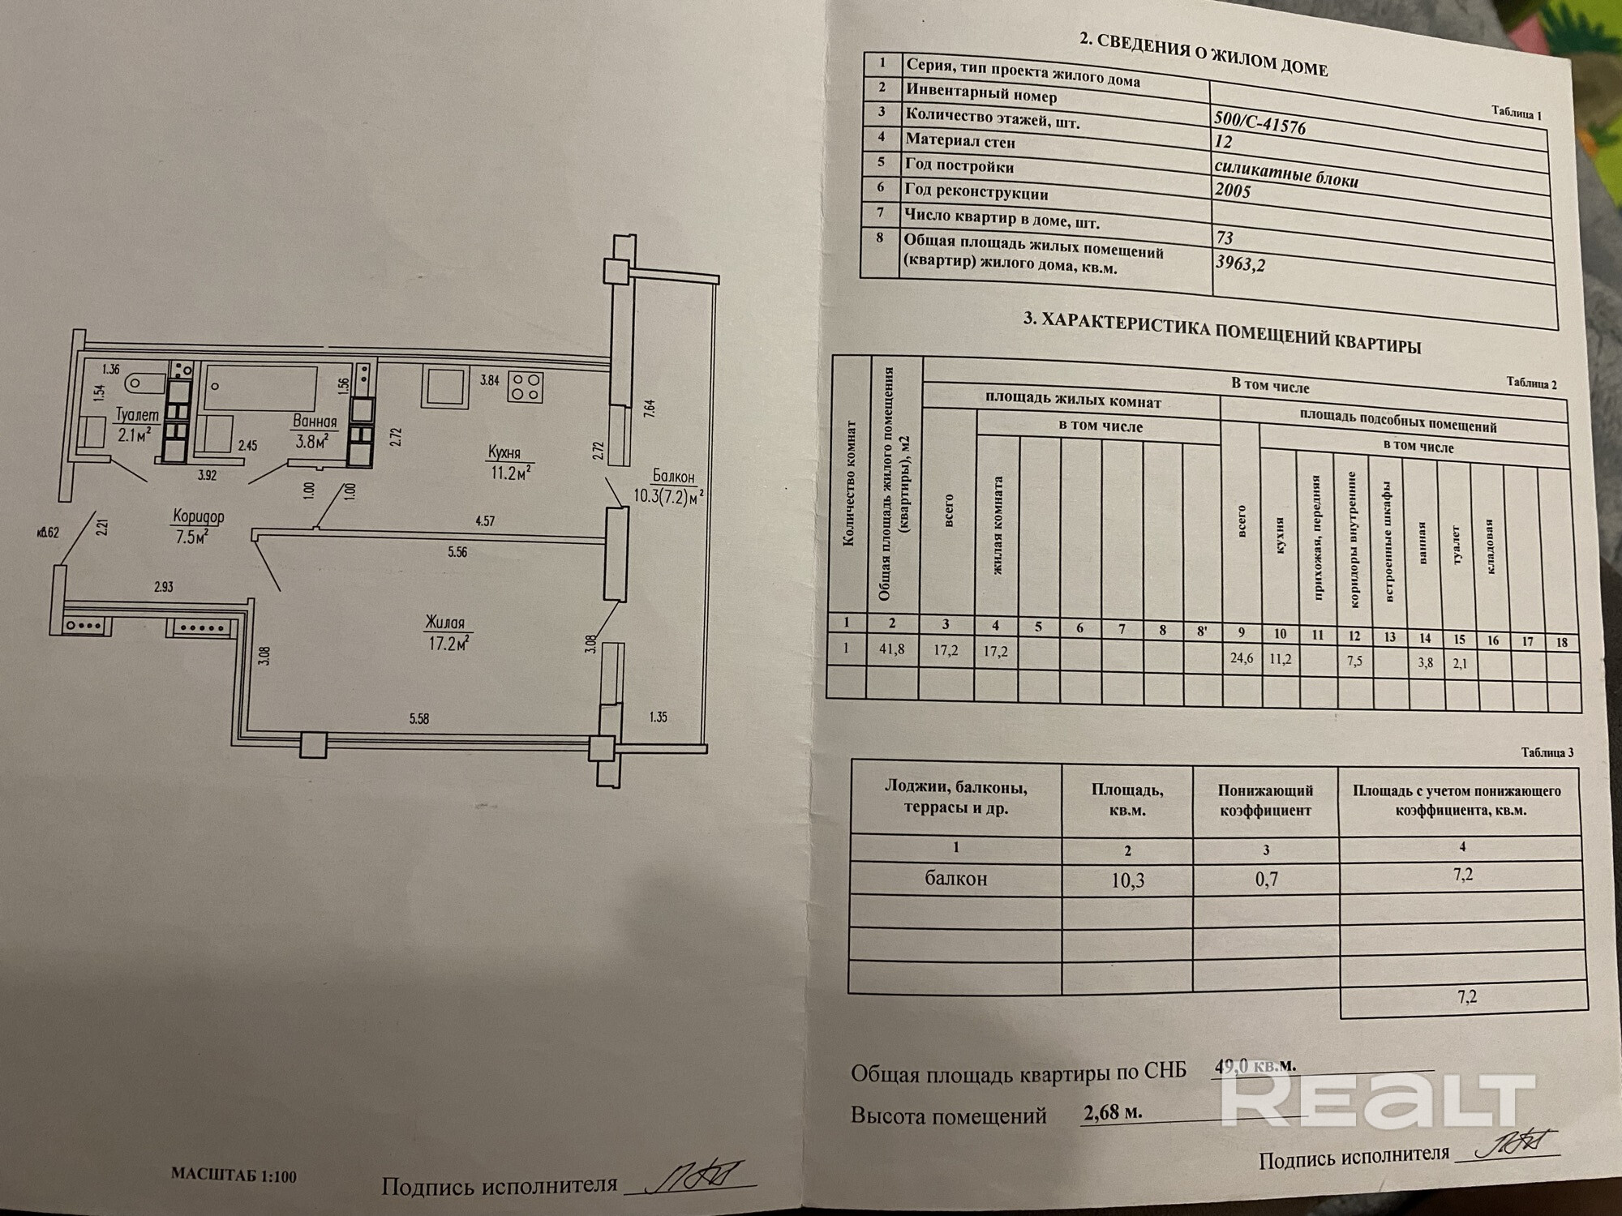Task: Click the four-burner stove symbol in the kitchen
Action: coord(525,386)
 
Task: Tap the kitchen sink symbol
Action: coord(444,386)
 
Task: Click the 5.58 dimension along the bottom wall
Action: coord(418,718)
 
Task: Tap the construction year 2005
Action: coord(1233,191)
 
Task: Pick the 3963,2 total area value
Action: coord(1241,263)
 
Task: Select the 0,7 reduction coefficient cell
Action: coord(1266,878)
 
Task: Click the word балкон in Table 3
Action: coord(956,879)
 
